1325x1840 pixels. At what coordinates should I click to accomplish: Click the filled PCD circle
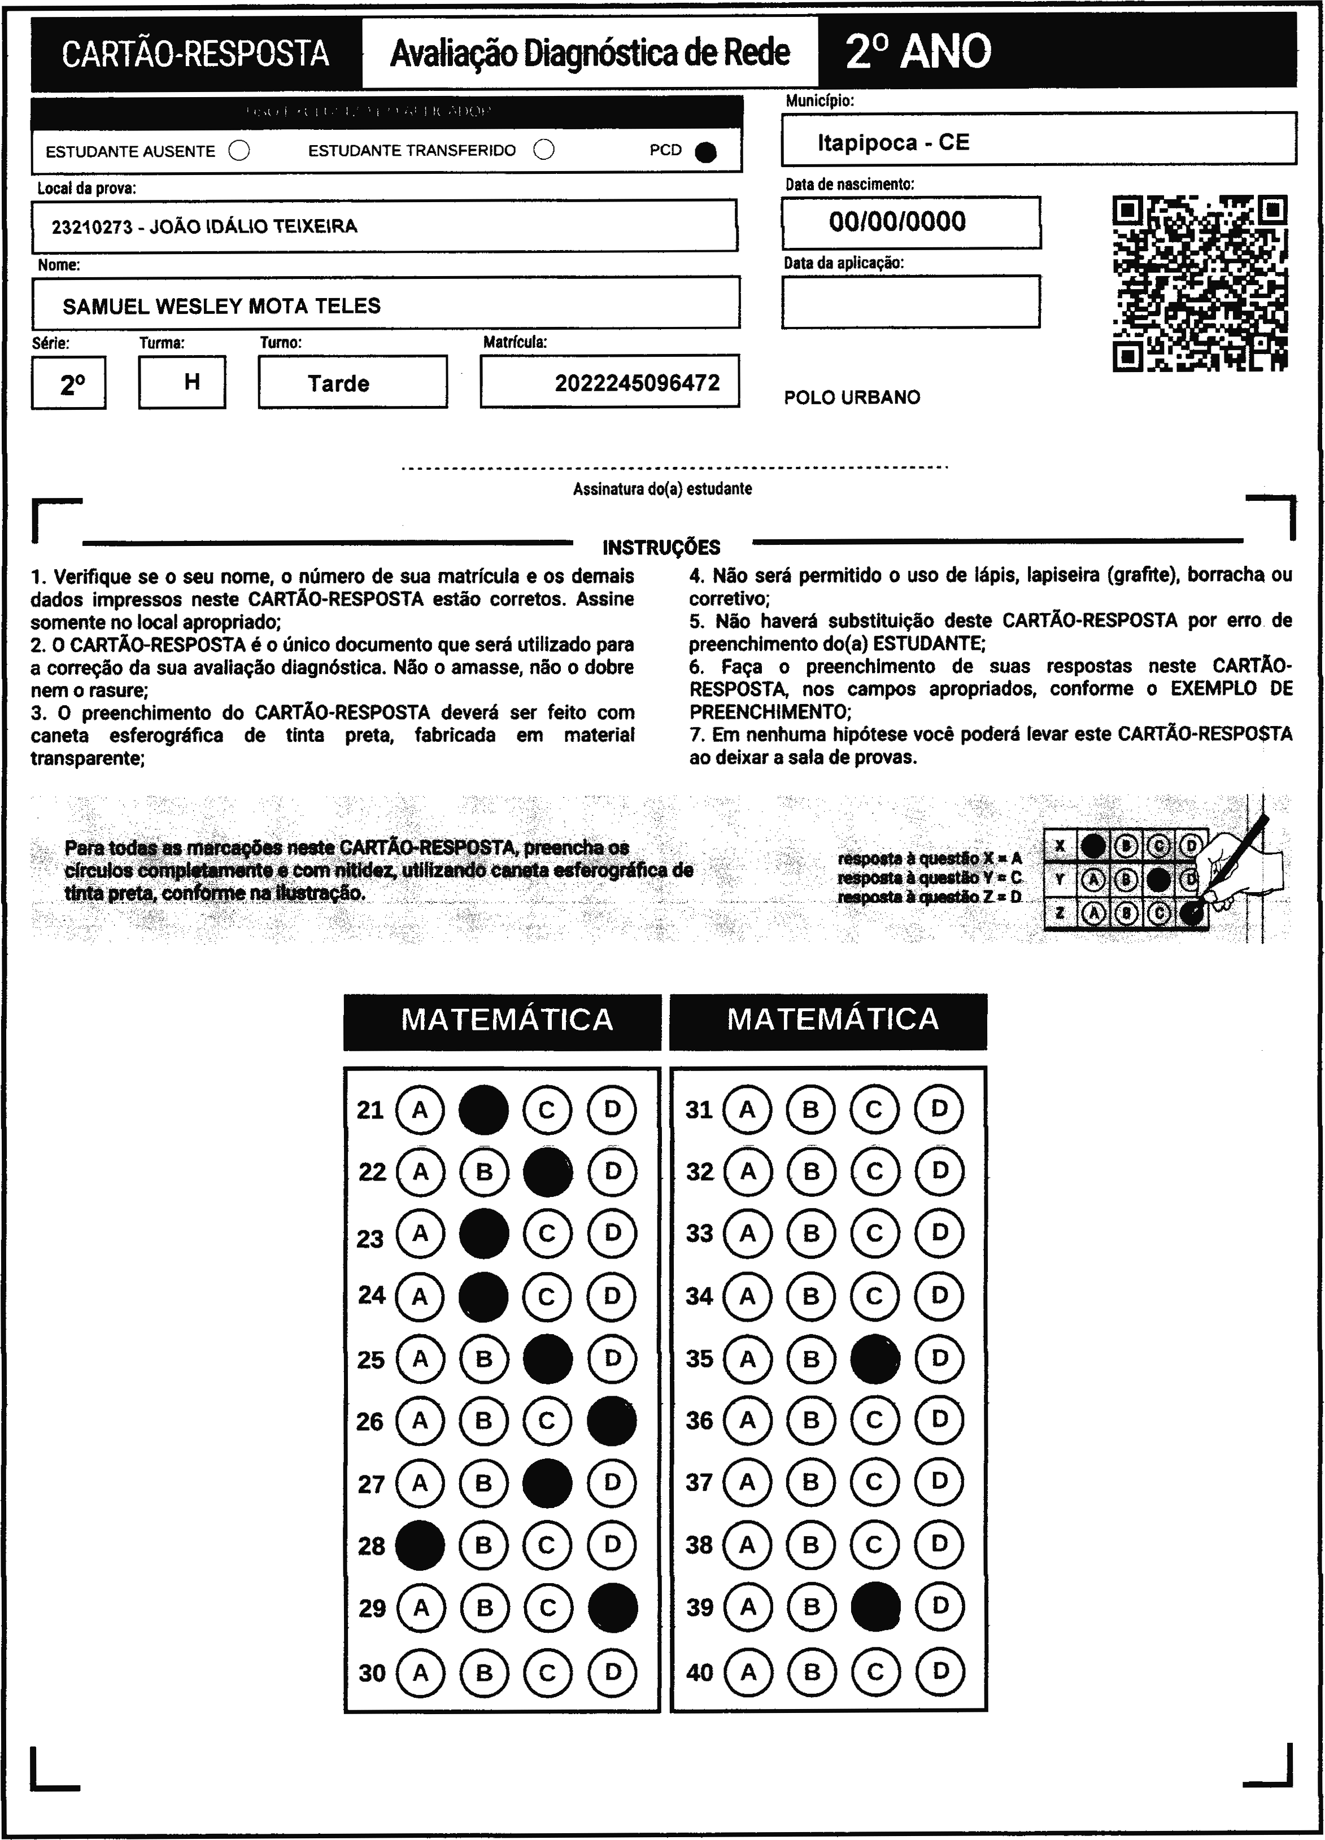click(706, 152)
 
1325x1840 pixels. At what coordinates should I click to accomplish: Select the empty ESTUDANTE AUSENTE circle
click(239, 151)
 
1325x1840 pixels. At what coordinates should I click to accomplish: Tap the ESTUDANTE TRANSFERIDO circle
click(544, 150)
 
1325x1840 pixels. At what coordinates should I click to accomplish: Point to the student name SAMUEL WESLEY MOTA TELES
click(221, 306)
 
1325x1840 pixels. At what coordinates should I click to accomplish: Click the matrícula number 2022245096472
click(637, 383)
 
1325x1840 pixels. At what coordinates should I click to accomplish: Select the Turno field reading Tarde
click(338, 383)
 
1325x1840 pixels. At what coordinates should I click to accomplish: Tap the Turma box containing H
click(191, 381)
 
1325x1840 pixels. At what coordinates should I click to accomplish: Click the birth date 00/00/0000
click(897, 221)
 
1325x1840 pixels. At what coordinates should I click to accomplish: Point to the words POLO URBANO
click(852, 397)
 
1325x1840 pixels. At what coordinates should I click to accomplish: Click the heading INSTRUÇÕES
click(661, 548)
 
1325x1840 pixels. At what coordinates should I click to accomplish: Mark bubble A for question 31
click(747, 1109)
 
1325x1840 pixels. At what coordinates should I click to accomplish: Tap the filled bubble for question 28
click(420, 1545)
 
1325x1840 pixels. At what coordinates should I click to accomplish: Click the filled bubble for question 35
click(875, 1359)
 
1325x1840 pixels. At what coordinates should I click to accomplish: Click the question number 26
click(370, 1422)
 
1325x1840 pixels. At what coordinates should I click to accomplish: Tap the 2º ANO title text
click(918, 52)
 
